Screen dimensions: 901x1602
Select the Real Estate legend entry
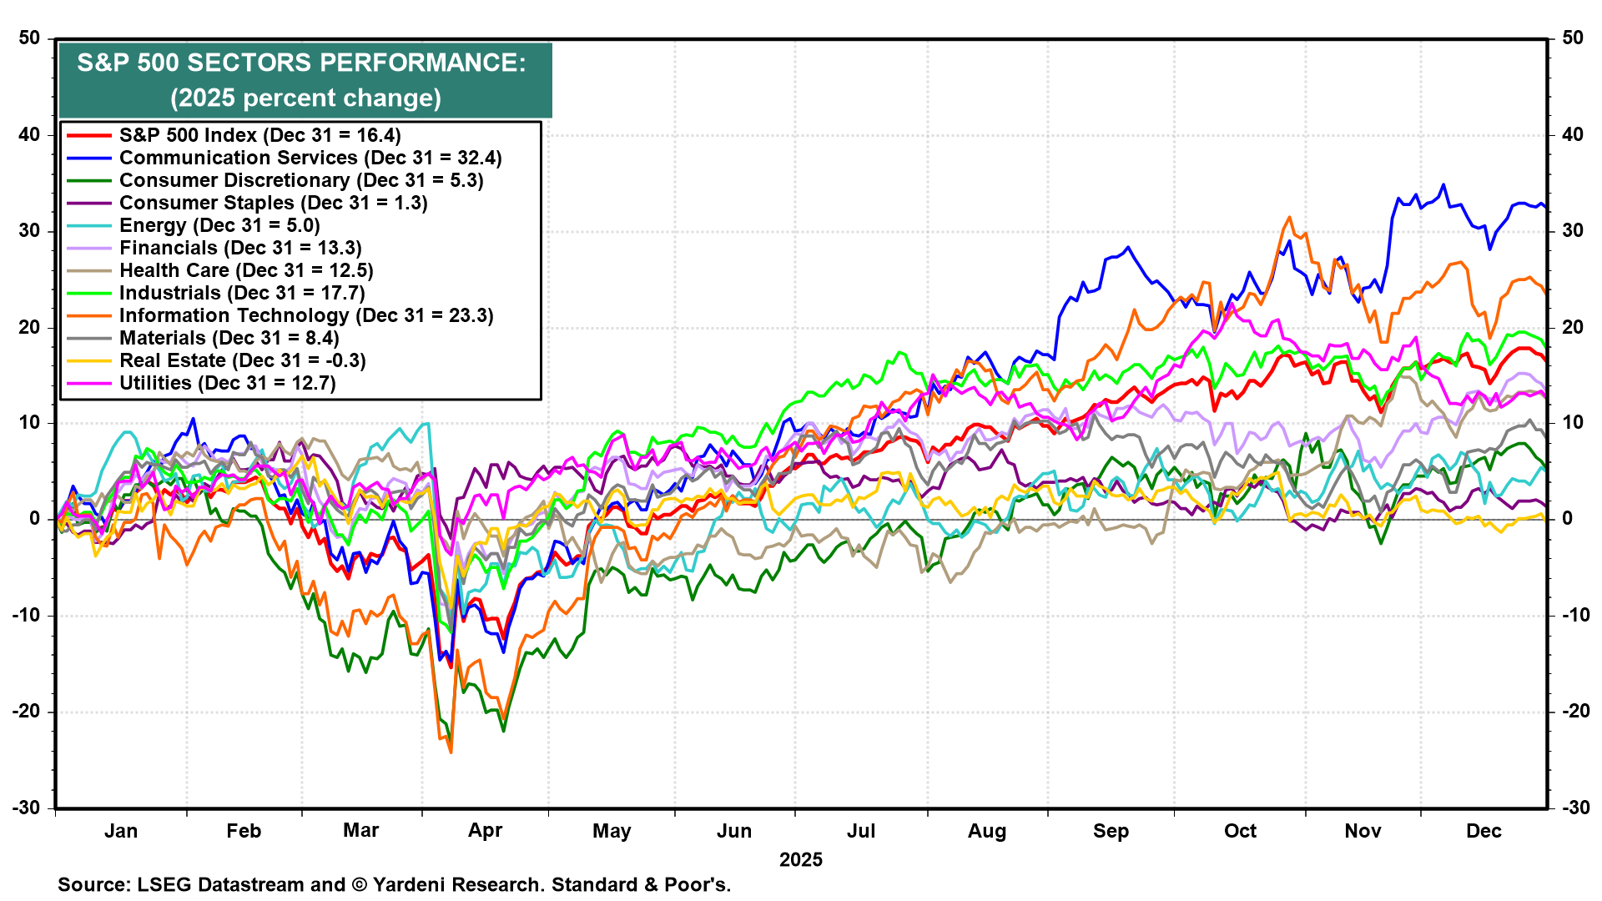click(x=242, y=360)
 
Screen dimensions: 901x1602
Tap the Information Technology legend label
click(x=306, y=315)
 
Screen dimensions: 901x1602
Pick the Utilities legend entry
click(x=227, y=383)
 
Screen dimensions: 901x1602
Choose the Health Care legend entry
click(x=246, y=270)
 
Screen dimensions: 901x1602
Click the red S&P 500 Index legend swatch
click(x=88, y=135)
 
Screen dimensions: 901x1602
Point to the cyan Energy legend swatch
click(x=88, y=225)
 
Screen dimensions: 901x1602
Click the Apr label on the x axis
click(x=485, y=831)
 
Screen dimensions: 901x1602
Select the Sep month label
click(x=1111, y=831)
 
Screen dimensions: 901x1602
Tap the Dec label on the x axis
click(x=1484, y=831)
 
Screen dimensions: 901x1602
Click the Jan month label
click(x=121, y=831)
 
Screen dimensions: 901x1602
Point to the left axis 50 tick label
click(x=30, y=38)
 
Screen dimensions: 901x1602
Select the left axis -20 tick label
click(x=27, y=712)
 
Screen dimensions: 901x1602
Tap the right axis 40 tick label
click(x=1572, y=134)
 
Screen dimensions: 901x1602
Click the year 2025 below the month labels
click(x=800, y=859)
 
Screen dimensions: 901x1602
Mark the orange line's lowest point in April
click(x=451, y=753)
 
